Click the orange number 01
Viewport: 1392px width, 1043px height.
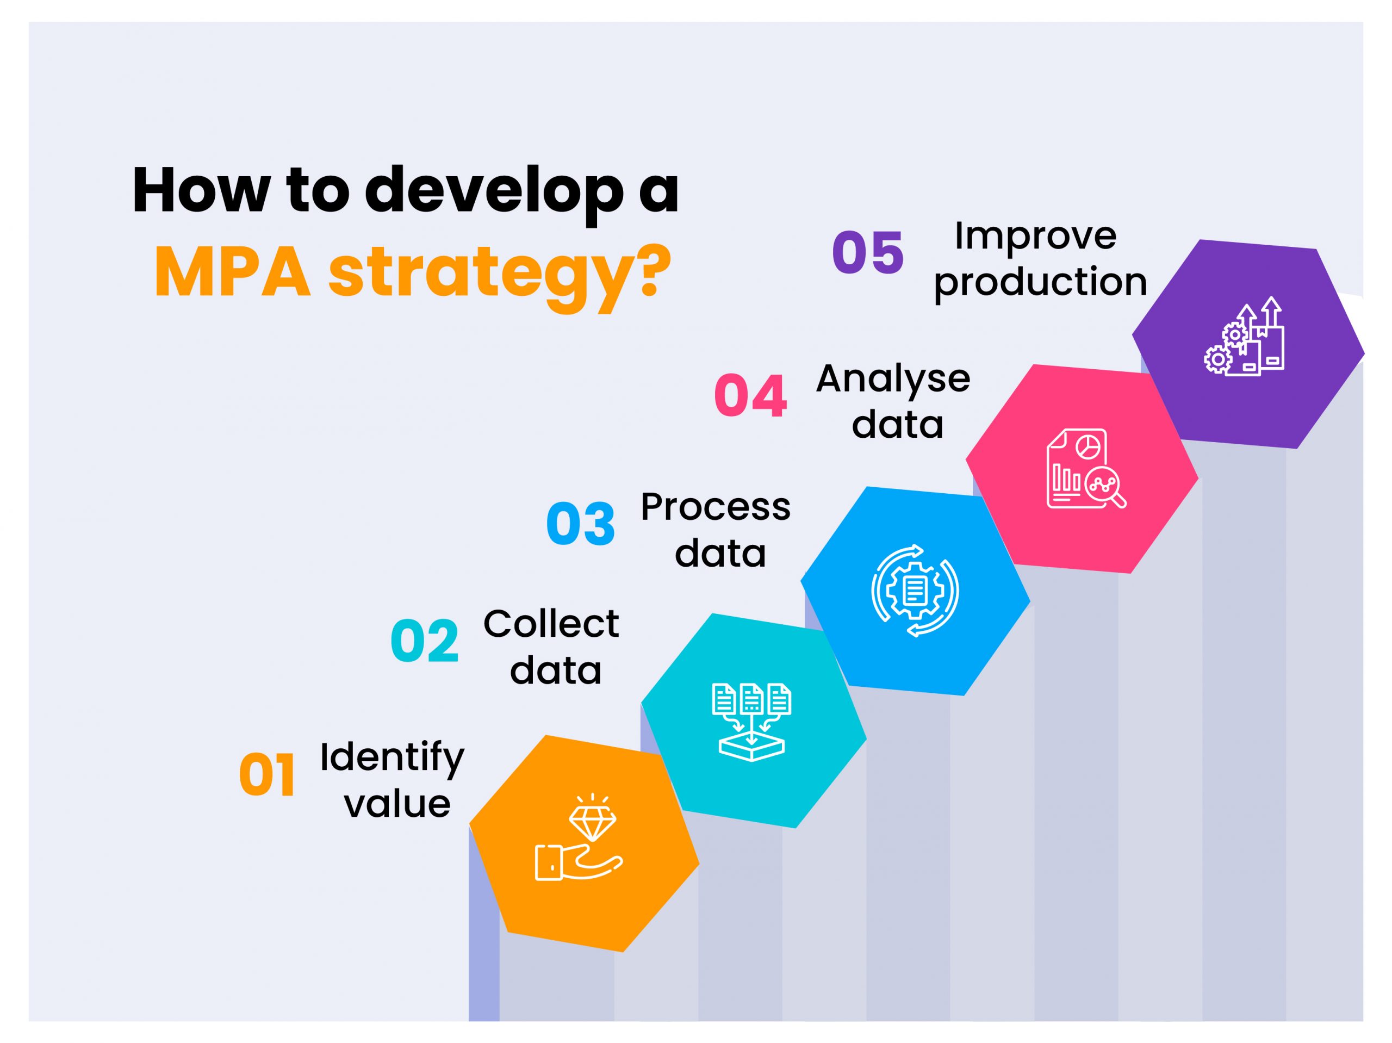pos(267,775)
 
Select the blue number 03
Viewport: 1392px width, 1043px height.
pos(580,524)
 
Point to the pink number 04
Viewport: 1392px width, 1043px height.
pos(750,396)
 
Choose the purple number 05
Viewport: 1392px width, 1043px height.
pos(868,252)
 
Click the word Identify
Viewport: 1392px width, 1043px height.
pos(391,759)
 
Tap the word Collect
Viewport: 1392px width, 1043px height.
pos(551,624)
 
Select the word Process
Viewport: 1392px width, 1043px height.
pos(716,507)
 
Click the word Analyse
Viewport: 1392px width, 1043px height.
pos(893,379)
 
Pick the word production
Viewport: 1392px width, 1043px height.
pos(1040,283)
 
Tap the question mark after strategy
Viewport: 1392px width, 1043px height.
pos(644,272)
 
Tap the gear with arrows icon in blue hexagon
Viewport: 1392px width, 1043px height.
pos(915,591)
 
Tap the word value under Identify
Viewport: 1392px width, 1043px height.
pos(397,804)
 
